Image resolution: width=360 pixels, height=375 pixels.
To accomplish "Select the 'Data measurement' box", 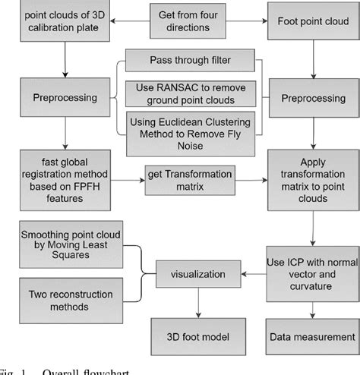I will pos(311,336).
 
